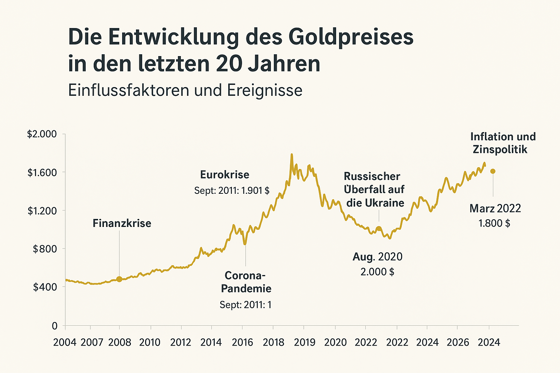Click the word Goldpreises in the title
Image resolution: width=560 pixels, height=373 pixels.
click(351, 38)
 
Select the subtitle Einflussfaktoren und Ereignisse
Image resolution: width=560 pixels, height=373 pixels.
click(185, 90)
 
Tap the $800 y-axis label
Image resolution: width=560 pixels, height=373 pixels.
click(45, 249)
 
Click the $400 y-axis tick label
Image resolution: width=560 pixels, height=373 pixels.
click(45, 287)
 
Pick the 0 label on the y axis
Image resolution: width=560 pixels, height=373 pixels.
click(55, 326)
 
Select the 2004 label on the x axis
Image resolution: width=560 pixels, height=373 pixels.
click(65, 342)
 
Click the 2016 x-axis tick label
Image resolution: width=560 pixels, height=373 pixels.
click(242, 342)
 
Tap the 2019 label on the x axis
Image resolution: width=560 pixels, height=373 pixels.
click(304, 342)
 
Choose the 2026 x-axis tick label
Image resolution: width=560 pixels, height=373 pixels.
click(458, 342)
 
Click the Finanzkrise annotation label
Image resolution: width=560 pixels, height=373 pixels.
click(122, 223)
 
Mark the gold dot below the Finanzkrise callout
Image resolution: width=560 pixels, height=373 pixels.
click(119, 279)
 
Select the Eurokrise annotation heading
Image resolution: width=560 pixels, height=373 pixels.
click(225, 175)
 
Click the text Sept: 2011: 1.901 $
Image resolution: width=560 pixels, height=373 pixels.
click(232, 191)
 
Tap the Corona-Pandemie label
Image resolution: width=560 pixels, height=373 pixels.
click(246, 282)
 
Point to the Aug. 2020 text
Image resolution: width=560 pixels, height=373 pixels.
click(377, 257)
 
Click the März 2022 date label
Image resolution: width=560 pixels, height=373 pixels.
click(495, 208)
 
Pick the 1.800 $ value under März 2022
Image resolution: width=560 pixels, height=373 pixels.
click(494, 223)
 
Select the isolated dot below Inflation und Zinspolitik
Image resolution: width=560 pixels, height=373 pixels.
click(493, 171)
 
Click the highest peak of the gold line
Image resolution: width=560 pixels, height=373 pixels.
click(292, 154)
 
